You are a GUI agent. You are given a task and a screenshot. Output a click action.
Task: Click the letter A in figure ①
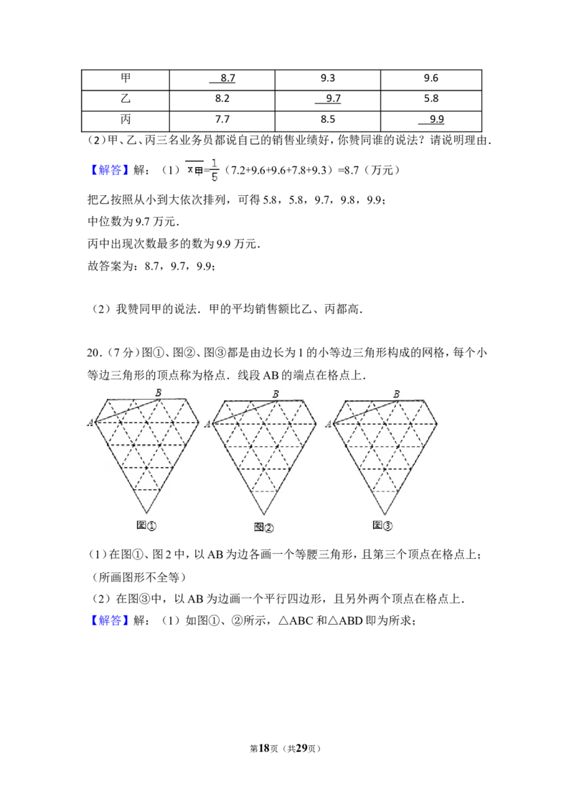(x=90, y=422)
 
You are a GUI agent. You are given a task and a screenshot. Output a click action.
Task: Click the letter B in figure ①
(x=158, y=392)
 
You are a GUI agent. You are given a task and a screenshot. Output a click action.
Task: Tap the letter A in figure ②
(x=208, y=424)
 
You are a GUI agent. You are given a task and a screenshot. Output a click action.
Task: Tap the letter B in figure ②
(x=276, y=394)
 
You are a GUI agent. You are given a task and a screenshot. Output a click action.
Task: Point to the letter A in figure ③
(x=329, y=424)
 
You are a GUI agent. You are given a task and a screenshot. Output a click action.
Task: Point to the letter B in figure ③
(x=396, y=394)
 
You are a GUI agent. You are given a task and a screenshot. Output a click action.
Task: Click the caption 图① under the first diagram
(x=146, y=525)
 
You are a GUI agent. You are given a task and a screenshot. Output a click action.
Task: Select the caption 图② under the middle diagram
(x=264, y=527)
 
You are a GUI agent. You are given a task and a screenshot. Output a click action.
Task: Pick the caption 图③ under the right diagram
(x=382, y=525)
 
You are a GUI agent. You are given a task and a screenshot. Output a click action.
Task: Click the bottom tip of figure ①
(x=146, y=514)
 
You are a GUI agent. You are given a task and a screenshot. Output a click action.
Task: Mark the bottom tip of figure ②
(x=264, y=515)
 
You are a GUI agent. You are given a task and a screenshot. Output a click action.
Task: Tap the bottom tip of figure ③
(x=385, y=515)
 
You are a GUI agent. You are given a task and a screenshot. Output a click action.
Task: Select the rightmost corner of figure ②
(x=316, y=423)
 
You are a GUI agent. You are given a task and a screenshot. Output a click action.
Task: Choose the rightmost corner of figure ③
(x=437, y=423)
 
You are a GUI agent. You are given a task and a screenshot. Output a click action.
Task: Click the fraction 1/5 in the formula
(x=214, y=170)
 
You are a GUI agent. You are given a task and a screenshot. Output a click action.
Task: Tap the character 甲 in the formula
(x=199, y=171)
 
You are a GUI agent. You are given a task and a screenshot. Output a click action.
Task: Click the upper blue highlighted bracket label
(x=111, y=170)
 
